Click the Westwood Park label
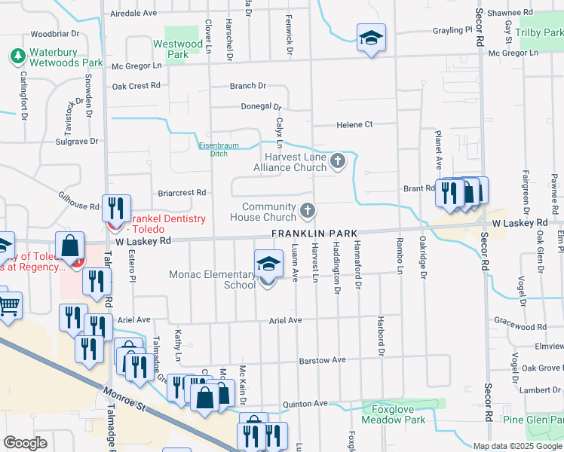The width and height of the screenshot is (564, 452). pyautogui.click(x=178, y=50)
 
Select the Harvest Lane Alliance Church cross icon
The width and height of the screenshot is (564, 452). pyautogui.click(x=338, y=160)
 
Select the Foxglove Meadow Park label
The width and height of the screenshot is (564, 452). pyautogui.click(x=394, y=414)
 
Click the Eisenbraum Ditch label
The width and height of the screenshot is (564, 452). pyautogui.click(x=213, y=149)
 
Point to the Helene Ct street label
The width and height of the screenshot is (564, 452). pyautogui.click(x=354, y=124)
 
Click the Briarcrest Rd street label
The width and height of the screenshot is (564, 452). pyautogui.click(x=182, y=193)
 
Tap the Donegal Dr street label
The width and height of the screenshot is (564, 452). pyautogui.click(x=261, y=107)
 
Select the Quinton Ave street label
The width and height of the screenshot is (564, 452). pyautogui.click(x=305, y=404)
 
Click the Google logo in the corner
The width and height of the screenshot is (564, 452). pyautogui.click(x=26, y=443)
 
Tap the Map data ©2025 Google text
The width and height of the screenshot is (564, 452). pyautogui.click(x=517, y=446)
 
